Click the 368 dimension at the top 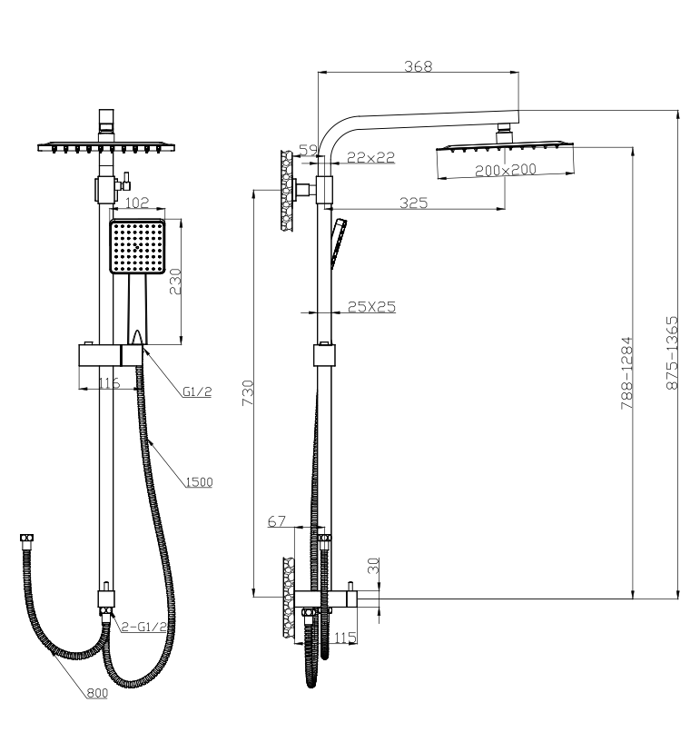[419, 65]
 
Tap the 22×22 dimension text [370, 157]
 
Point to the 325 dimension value [413, 203]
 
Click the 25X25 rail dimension [371, 307]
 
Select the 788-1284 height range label [626, 374]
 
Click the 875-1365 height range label [672, 353]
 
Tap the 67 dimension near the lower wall [277, 521]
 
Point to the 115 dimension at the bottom [345, 638]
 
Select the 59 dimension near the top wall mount [308, 149]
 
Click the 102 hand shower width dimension [136, 203]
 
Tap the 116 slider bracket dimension [109, 383]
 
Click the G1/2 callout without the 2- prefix [197, 392]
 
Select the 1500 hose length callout [198, 481]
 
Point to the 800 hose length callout [97, 694]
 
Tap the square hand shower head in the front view [137, 246]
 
